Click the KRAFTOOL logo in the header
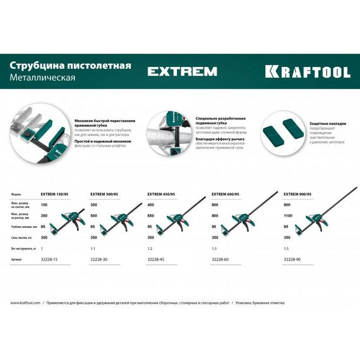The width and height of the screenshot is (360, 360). [x=307, y=71]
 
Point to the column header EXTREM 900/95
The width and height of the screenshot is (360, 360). [x=297, y=195]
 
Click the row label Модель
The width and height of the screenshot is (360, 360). [x=17, y=195]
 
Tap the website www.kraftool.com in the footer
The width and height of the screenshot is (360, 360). [x=25, y=303]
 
